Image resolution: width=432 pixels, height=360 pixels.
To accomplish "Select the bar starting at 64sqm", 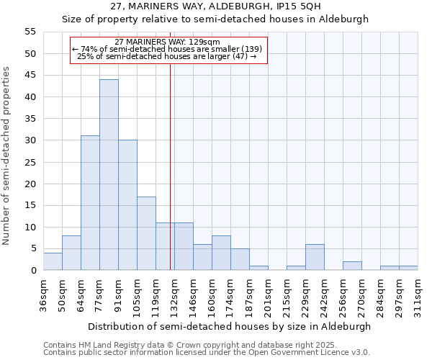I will (x=90, y=203).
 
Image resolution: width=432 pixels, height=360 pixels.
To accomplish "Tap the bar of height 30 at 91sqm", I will (x=127, y=205).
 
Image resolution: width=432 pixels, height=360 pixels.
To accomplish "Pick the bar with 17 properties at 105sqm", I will (x=146, y=233).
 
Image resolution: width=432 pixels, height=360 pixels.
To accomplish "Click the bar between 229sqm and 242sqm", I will (x=315, y=257).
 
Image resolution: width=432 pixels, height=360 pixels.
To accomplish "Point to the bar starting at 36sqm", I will (x=53, y=261).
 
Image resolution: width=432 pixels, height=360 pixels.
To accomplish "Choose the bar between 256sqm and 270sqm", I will (x=352, y=266).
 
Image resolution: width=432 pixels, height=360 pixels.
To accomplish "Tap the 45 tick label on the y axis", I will (x=30, y=75).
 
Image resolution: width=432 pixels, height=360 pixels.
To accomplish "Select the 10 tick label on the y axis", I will (x=30, y=227).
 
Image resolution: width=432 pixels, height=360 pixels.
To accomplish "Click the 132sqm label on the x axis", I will (x=174, y=295).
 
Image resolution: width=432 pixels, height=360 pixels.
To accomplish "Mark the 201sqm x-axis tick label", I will (x=268, y=295).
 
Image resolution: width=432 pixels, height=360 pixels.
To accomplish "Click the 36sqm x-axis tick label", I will (x=43, y=295).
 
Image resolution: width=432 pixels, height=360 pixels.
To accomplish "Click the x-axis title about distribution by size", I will (x=230, y=326).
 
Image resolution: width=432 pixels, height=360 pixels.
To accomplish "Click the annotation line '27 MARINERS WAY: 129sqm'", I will (x=168, y=42).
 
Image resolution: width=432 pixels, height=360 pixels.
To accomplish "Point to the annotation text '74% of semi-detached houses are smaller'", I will (x=170, y=49).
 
